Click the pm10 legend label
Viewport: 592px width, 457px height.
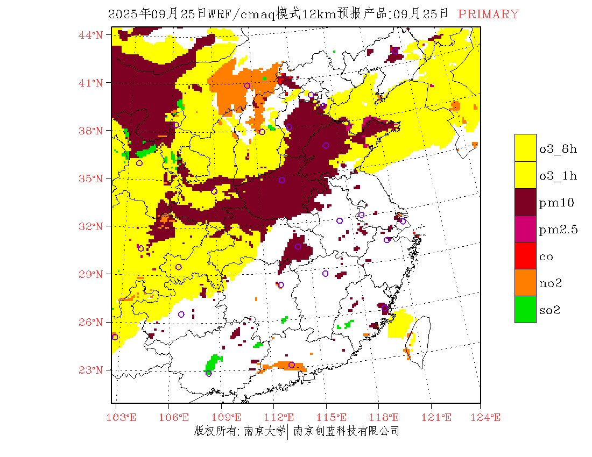(556, 203)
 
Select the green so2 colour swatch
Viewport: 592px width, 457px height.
(525, 310)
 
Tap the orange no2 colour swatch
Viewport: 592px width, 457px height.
(525, 283)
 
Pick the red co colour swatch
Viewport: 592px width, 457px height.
(525, 256)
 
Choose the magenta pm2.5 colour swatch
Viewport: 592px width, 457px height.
(525, 229)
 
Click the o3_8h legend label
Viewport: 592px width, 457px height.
(558, 149)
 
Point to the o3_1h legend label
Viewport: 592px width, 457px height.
(558, 176)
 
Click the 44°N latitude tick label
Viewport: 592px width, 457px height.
(91, 35)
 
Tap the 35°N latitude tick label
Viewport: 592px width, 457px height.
(91, 178)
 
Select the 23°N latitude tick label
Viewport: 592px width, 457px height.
(91, 370)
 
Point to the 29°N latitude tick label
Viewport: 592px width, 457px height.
(91, 274)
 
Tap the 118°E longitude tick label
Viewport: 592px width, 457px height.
(387, 417)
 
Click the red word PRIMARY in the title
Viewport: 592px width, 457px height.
(488, 15)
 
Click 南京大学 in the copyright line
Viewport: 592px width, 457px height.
(264, 431)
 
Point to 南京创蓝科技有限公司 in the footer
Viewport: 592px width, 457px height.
(346, 431)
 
